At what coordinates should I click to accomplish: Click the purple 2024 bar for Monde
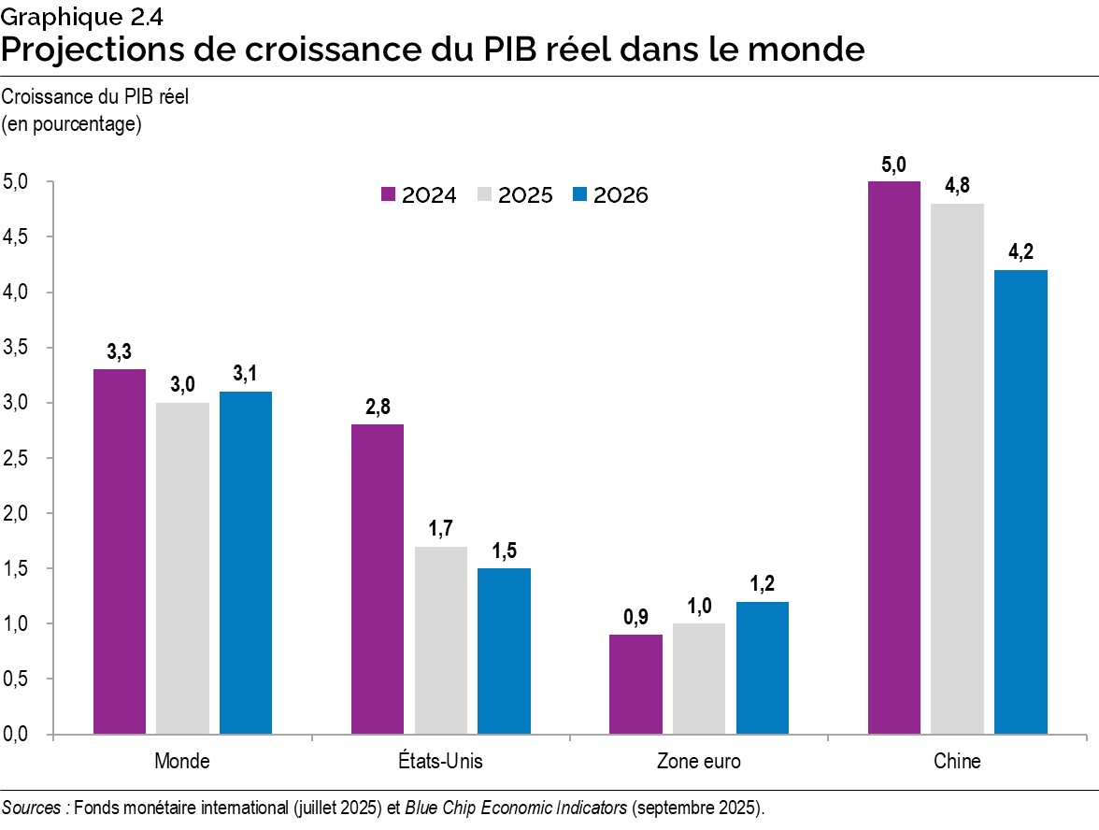pyautogui.click(x=120, y=551)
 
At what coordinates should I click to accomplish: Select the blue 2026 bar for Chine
pyautogui.click(x=1020, y=502)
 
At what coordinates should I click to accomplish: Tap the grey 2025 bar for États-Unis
pyautogui.click(x=441, y=640)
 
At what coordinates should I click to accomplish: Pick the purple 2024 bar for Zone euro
pyautogui.click(x=635, y=684)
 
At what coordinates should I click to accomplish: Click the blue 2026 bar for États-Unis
pyautogui.click(x=504, y=651)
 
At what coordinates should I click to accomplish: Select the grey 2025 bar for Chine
pyautogui.click(x=957, y=468)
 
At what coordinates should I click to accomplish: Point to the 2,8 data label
pyautogui.click(x=377, y=408)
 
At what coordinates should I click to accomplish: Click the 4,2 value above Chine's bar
pyautogui.click(x=1020, y=252)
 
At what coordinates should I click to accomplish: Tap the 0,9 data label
pyautogui.click(x=635, y=618)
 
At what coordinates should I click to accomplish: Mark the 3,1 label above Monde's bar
pyautogui.click(x=246, y=374)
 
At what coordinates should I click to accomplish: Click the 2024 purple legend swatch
pyautogui.click(x=388, y=195)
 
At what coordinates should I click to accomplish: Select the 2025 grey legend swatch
pyautogui.click(x=484, y=195)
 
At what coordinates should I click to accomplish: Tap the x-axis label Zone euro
pyautogui.click(x=699, y=762)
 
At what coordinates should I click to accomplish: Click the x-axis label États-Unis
pyautogui.click(x=440, y=762)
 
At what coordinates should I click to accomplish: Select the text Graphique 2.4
pyautogui.click(x=64, y=14)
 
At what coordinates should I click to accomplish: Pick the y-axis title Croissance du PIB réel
pyautogui.click(x=95, y=98)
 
